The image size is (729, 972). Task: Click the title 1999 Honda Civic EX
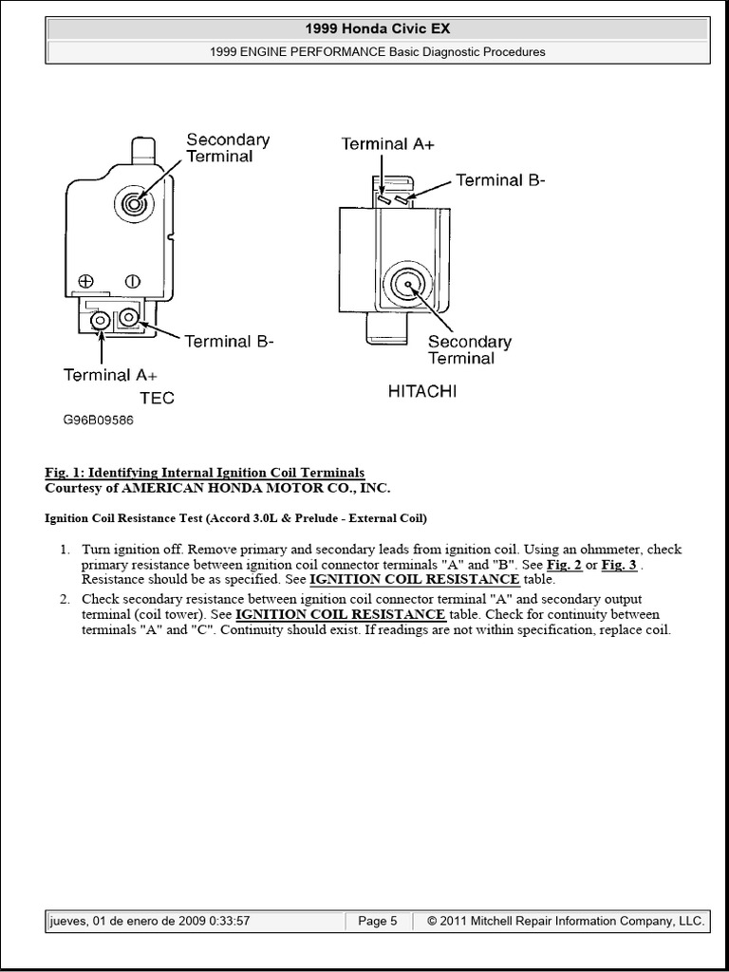(x=377, y=29)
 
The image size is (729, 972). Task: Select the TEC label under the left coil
(x=157, y=398)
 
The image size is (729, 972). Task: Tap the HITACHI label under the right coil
(x=421, y=391)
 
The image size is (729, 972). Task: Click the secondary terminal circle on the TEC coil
(x=132, y=202)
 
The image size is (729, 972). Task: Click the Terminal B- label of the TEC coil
(x=229, y=341)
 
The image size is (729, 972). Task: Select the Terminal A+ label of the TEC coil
(x=110, y=375)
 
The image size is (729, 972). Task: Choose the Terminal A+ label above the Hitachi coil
(x=389, y=144)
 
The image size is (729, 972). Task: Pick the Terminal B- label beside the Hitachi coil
(x=500, y=179)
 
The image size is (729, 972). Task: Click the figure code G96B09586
(x=99, y=420)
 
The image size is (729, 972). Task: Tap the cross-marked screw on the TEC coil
(x=86, y=281)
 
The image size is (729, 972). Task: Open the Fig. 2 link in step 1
(x=565, y=565)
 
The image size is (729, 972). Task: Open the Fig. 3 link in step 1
(x=619, y=565)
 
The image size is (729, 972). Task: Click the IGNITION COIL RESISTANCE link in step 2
(x=341, y=614)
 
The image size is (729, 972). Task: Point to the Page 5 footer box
(x=378, y=921)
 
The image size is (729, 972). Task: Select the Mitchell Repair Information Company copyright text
(x=566, y=921)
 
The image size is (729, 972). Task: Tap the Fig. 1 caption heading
(x=204, y=473)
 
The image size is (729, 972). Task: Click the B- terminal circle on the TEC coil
(x=128, y=318)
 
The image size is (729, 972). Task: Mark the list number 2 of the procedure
(x=65, y=599)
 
